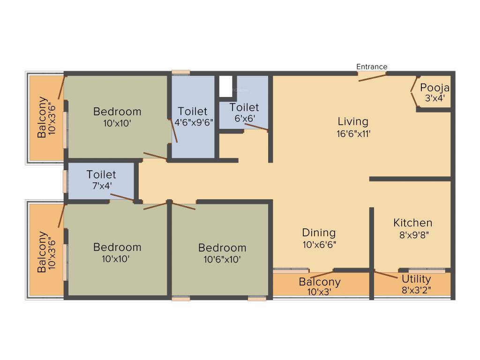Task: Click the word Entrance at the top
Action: tap(372, 67)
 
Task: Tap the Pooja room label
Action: tap(435, 88)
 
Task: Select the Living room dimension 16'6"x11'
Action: tap(353, 133)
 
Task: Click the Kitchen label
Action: tap(412, 223)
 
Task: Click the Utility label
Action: tap(416, 279)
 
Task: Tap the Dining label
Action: tap(319, 232)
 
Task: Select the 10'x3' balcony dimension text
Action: tap(319, 292)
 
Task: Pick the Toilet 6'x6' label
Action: tap(244, 108)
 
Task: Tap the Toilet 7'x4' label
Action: tap(101, 175)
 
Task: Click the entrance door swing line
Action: tap(373, 77)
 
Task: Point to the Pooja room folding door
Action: tap(414, 92)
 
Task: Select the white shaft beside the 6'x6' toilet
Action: tap(225, 86)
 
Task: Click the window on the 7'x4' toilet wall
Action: tap(65, 181)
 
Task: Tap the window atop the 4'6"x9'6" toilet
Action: tap(180, 72)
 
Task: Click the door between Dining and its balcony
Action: tap(322, 274)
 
